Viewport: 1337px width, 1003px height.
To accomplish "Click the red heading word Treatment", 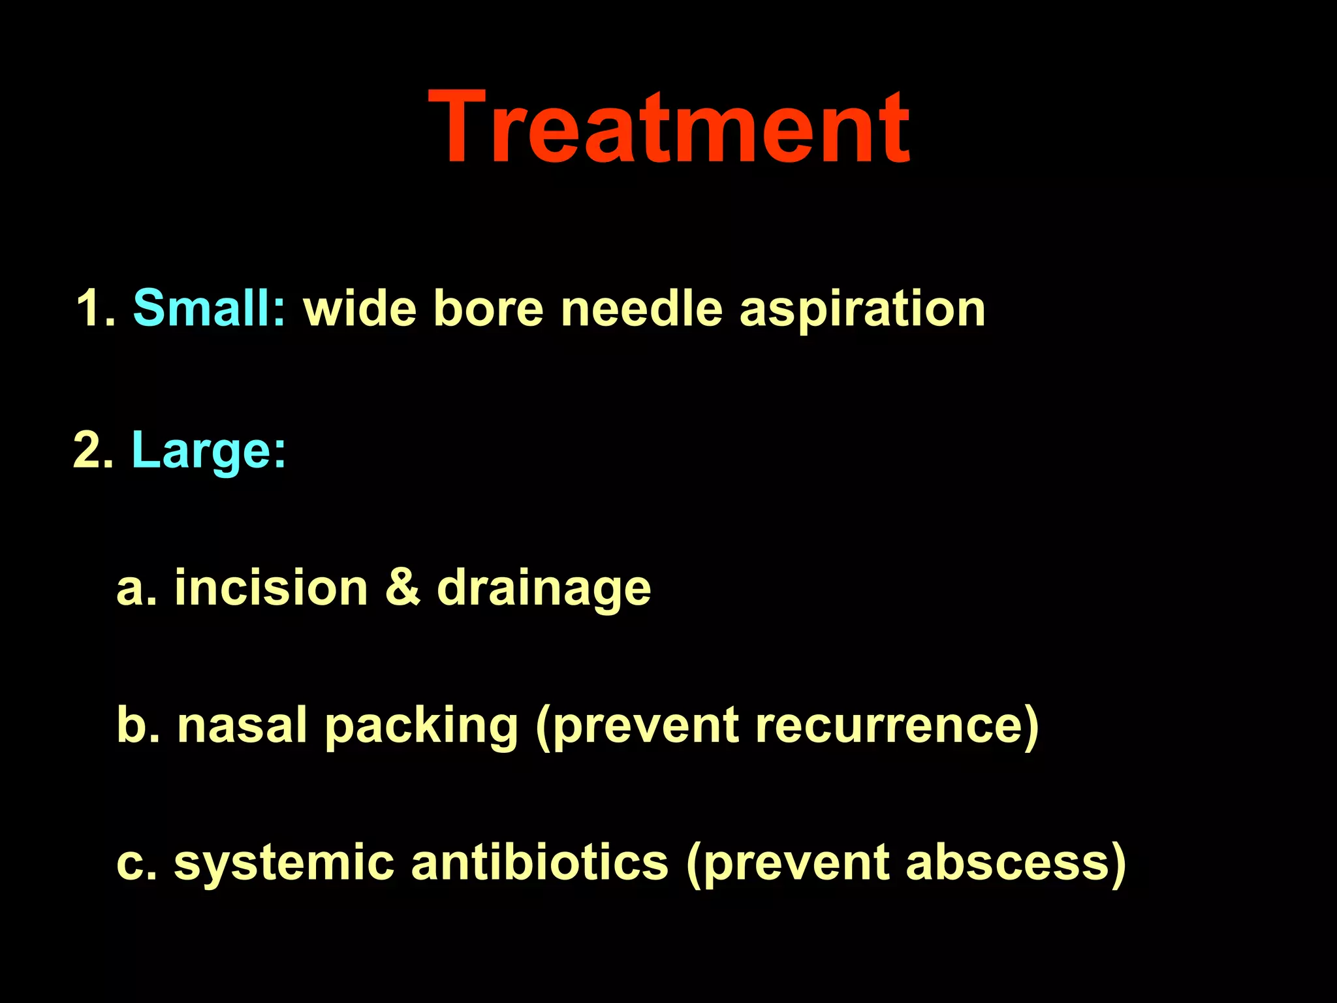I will click(668, 127).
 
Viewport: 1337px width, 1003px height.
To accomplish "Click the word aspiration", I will click(862, 308).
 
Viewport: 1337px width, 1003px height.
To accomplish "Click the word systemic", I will click(284, 863).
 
